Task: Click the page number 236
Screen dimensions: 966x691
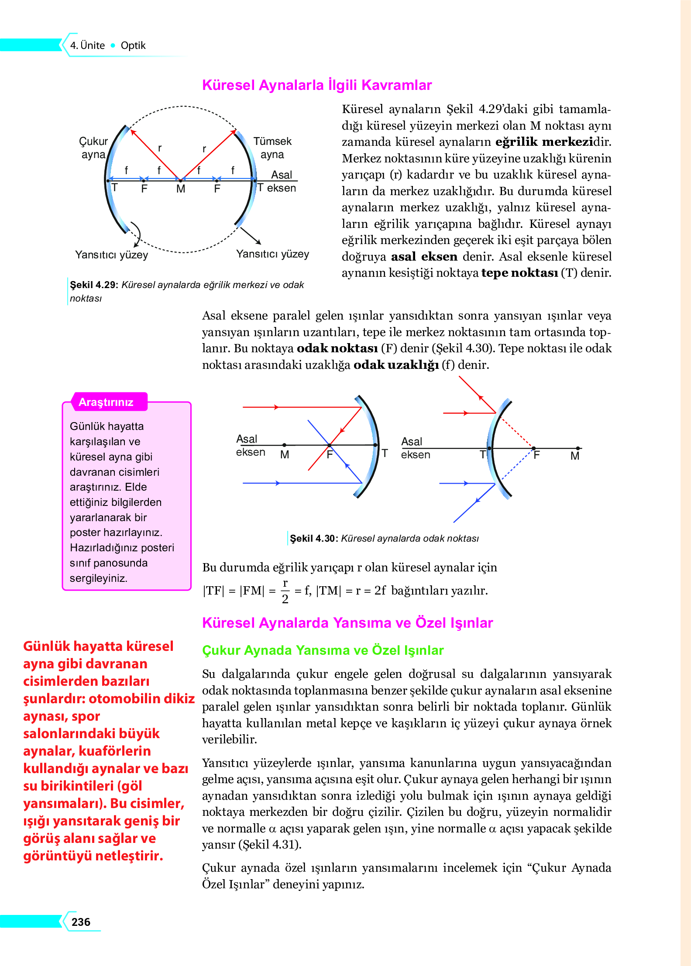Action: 81,921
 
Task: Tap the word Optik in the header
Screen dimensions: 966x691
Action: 133,45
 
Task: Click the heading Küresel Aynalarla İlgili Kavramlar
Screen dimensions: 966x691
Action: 317,85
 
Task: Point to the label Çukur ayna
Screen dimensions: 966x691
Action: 93,148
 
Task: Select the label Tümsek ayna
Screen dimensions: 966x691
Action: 272,148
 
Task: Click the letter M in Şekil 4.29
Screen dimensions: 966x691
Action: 181,189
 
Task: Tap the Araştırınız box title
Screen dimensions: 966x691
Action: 106,402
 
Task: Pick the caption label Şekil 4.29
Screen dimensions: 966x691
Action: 93,285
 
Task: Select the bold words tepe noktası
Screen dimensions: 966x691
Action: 519,273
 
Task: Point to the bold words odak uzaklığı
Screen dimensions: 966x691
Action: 396,365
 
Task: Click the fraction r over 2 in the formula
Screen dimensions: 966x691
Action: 285,591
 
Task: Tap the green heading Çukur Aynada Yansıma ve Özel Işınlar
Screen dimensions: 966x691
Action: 323,650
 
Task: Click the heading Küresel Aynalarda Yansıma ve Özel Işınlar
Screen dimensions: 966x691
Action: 347,622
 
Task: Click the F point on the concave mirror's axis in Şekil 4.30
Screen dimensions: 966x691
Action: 329,445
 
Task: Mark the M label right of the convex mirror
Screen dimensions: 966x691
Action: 575,456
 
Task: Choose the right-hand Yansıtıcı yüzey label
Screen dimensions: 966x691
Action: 272,254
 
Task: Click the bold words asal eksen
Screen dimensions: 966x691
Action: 424,257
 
